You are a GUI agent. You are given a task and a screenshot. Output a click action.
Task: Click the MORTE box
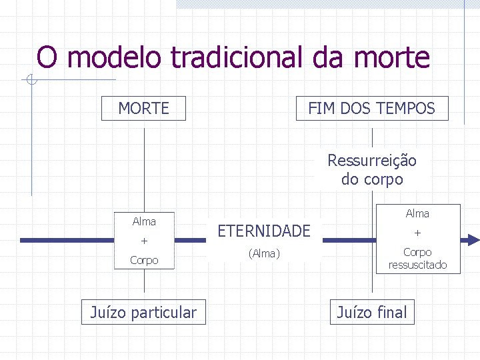143,108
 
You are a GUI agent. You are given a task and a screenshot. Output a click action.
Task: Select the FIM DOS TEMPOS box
372,108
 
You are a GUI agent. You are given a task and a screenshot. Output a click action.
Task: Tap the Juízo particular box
144,312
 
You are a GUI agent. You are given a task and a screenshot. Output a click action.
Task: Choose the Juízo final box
372,311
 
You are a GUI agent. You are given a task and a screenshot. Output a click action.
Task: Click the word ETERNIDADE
264,231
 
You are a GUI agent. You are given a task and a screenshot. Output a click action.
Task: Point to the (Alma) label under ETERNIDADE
264,253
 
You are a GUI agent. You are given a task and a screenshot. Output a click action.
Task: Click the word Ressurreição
372,161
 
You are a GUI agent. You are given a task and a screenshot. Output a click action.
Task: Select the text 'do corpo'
372,179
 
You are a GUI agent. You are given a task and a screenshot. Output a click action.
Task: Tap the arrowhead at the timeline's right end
472,240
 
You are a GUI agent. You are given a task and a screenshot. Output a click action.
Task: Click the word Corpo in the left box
144,260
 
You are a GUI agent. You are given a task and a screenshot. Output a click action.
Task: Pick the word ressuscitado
417,265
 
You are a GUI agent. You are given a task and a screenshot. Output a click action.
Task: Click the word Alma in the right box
417,213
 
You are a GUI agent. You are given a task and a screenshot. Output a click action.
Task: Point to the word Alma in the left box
144,221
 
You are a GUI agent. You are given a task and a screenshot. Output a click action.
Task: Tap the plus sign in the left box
144,241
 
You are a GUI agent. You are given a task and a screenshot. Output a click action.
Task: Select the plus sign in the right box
417,233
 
